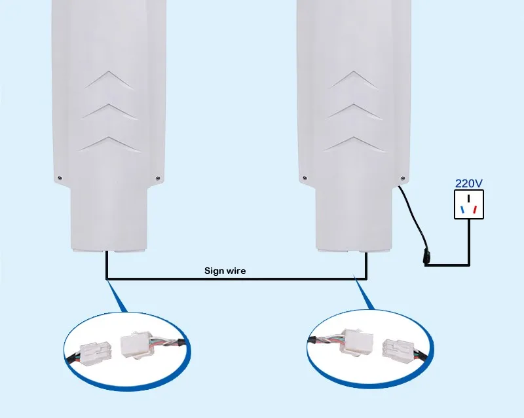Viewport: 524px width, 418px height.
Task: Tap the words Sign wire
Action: tap(225, 270)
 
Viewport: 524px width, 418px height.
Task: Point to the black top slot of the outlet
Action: tap(469, 198)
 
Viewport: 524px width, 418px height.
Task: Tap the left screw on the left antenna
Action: tap(59, 178)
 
